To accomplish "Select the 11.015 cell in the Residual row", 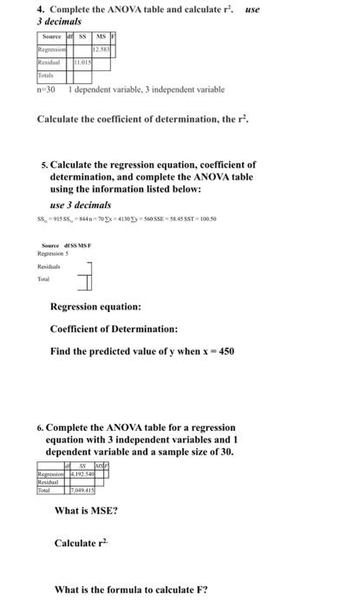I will (83, 63).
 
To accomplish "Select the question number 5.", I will (44, 164).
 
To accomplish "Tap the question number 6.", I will (40, 428).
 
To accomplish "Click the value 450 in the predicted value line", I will (222, 351).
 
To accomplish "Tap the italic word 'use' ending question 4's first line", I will (252, 10).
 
